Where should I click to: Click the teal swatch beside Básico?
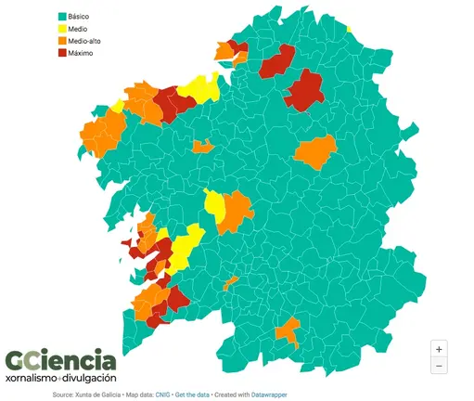[x=62, y=17]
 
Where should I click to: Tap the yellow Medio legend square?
[x=62, y=29]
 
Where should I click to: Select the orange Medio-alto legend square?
[x=62, y=41]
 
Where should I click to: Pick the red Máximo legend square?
[x=62, y=53]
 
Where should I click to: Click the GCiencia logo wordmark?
[x=60, y=360]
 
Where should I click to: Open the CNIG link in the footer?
[x=161, y=395]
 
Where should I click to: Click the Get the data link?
[x=195, y=395]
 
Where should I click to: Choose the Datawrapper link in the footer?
[x=272, y=395]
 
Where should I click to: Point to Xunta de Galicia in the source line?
[x=96, y=395]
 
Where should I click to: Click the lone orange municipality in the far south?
[x=288, y=329]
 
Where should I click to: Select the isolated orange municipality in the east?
[x=317, y=150]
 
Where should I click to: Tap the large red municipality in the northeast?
[x=303, y=89]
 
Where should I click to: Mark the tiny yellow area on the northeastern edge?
[x=351, y=30]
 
